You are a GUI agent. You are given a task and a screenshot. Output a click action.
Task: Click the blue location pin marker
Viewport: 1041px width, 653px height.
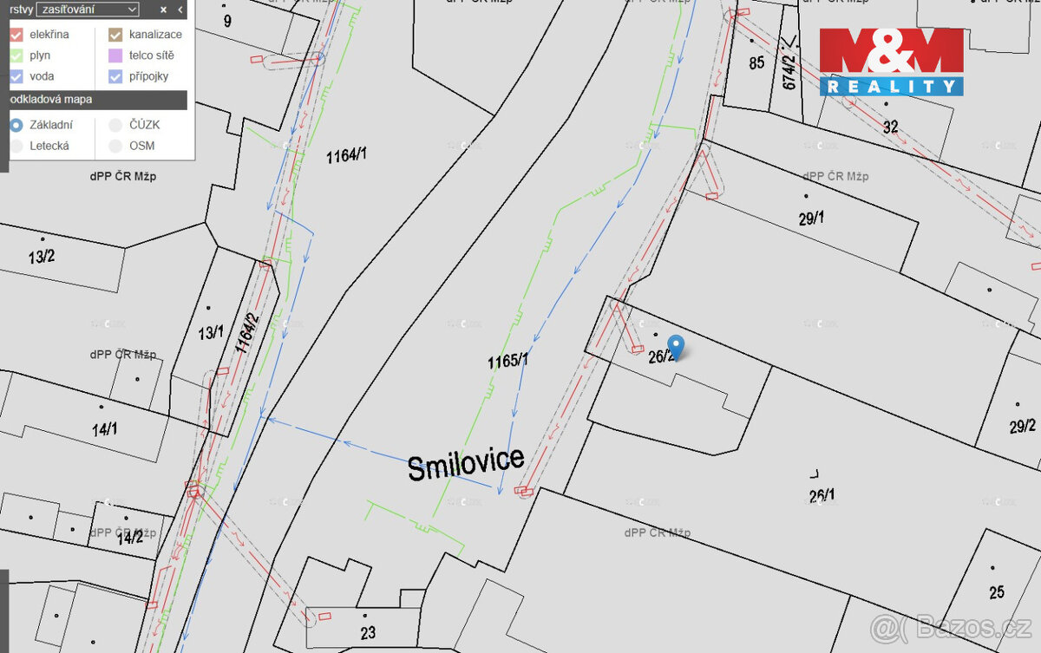coord(676,345)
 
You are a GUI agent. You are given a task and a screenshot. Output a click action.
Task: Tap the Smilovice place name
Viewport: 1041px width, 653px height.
coord(466,464)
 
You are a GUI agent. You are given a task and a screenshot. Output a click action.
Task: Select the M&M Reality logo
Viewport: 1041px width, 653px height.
coord(891,61)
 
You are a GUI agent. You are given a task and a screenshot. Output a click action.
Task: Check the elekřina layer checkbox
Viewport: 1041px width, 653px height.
coord(16,35)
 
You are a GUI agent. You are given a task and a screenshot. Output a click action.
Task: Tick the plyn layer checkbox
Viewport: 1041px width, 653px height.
coord(16,56)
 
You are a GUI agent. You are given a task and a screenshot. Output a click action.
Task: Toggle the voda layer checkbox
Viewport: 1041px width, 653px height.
coord(16,76)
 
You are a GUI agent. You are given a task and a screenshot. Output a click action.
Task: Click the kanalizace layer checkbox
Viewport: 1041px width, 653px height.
coord(115,35)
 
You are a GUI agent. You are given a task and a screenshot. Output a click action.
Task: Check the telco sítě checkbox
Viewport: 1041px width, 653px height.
coord(115,56)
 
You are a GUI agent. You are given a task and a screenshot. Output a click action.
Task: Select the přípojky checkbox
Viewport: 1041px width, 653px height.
coord(115,76)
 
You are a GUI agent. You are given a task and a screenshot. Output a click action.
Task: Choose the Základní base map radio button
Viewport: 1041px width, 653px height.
coord(16,125)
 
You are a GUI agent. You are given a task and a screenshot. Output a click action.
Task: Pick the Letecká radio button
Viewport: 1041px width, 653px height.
coord(16,146)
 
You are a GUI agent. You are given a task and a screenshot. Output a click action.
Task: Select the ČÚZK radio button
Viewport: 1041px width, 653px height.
coord(115,125)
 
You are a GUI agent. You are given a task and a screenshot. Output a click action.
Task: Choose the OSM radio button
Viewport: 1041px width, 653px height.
coord(115,146)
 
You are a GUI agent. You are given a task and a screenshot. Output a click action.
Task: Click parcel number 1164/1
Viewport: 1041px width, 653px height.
coord(347,156)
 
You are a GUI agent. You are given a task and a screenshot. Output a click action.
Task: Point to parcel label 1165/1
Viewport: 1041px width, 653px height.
coord(507,360)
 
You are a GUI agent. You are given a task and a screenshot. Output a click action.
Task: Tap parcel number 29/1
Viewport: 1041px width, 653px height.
coord(811,219)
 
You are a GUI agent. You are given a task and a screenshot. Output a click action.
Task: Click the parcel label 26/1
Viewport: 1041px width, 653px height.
coord(822,496)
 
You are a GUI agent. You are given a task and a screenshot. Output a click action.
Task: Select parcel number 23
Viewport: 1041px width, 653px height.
coord(368,633)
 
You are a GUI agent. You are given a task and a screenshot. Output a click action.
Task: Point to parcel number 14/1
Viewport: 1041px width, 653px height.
coord(105,428)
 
